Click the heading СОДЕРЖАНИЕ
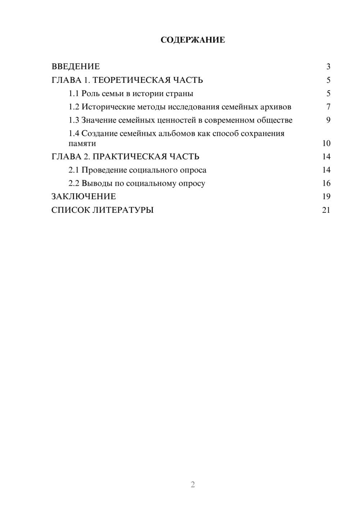click(193, 40)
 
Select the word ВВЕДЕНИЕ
click(76, 67)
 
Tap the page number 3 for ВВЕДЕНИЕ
click(328, 67)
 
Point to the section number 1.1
click(74, 94)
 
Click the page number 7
click(328, 107)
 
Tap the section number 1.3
click(74, 120)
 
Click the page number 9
click(328, 120)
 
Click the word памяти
click(82, 143)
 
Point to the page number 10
click(326, 143)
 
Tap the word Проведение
click(104, 170)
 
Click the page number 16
click(326, 183)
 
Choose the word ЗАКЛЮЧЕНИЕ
click(84, 197)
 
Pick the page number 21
click(326, 210)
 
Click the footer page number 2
click(193, 485)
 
